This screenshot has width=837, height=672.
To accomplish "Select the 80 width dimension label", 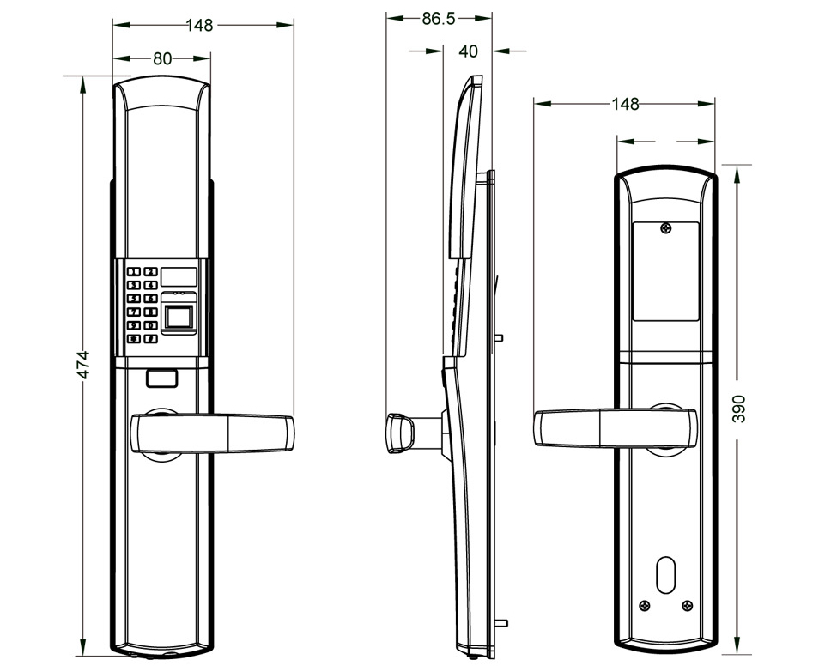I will (x=162, y=58).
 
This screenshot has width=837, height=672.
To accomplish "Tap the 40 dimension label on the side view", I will (x=468, y=51).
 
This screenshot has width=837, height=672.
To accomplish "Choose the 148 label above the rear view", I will (x=625, y=104).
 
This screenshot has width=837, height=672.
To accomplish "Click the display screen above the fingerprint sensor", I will (x=179, y=276).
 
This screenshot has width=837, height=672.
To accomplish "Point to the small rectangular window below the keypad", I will (x=162, y=376).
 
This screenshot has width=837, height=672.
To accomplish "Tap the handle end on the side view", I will (x=397, y=432).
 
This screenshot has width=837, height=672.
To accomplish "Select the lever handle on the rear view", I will (x=615, y=427).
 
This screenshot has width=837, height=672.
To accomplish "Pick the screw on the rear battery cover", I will (x=666, y=229).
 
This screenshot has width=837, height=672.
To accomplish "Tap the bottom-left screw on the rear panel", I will (x=645, y=606).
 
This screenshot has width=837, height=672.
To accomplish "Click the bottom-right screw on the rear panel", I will (x=687, y=606).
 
